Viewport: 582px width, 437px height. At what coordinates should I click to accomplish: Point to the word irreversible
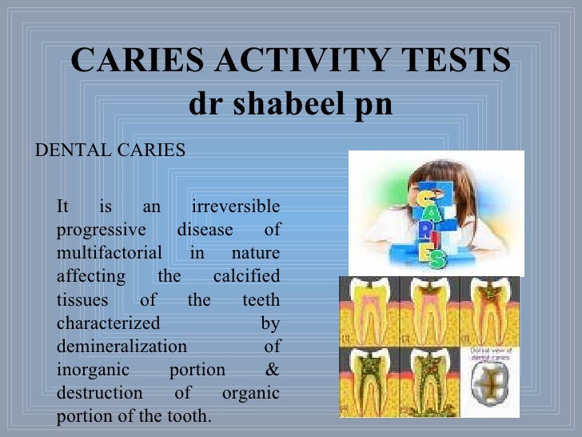point(236,206)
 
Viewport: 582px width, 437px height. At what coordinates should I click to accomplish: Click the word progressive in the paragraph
point(101,230)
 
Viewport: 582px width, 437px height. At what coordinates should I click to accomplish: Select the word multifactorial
point(110,254)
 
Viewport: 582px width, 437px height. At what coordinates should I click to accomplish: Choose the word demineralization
point(122,347)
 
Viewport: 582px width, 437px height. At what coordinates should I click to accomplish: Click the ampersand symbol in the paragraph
point(272,371)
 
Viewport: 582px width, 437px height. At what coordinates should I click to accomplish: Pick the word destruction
point(100,394)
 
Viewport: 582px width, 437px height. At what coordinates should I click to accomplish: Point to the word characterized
point(108,323)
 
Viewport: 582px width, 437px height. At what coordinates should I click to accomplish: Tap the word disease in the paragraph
point(205,230)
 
